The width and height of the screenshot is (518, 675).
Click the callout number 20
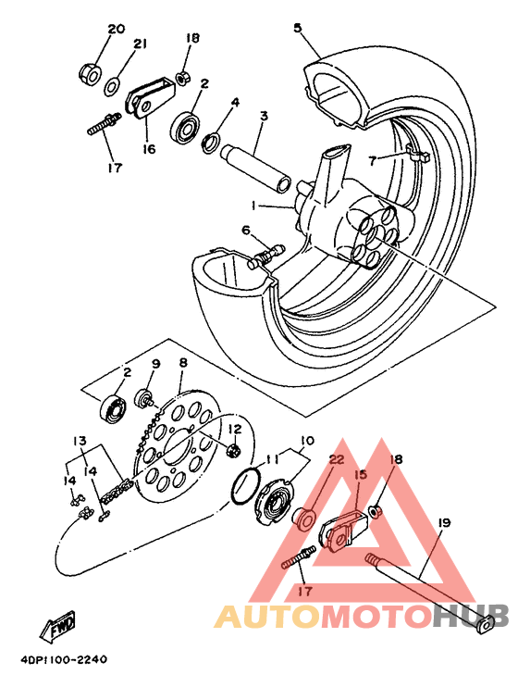[116, 29]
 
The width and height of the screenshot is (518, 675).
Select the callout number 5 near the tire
[298, 28]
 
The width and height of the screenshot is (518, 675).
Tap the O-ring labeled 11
[245, 484]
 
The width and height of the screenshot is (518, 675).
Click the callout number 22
[336, 460]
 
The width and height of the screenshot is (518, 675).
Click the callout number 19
[443, 524]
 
